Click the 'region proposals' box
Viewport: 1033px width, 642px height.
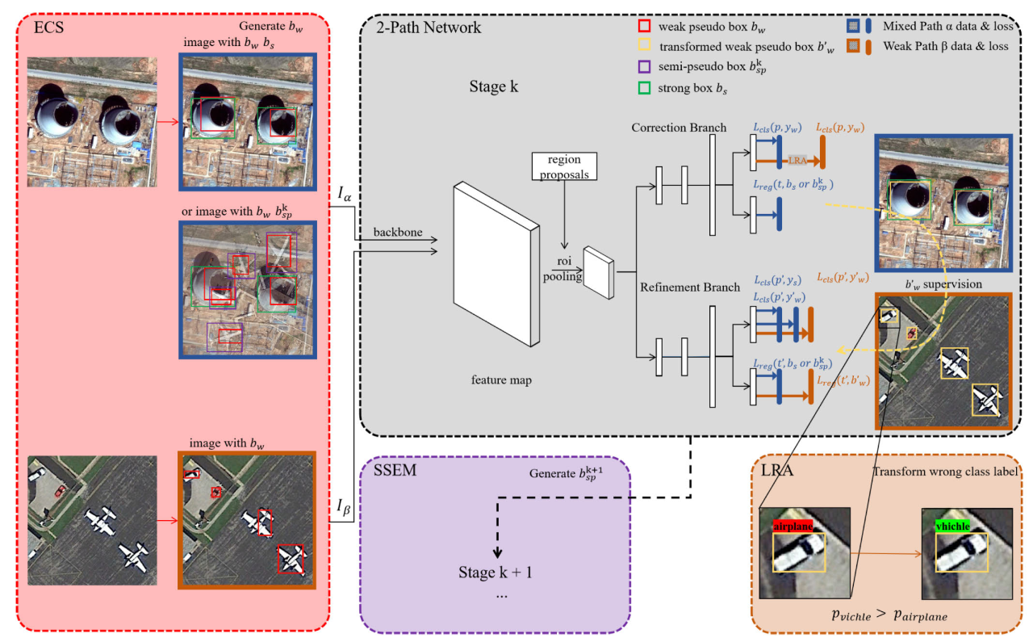(564, 166)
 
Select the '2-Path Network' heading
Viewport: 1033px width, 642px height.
(429, 27)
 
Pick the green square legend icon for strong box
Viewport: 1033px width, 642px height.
(644, 88)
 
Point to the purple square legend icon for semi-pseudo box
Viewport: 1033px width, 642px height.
(644, 69)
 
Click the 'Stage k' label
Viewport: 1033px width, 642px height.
(493, 86)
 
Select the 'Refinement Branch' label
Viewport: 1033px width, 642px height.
(679, 287)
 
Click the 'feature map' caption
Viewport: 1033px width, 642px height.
(501, 380)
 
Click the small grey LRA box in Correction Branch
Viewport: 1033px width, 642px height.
(798, 160)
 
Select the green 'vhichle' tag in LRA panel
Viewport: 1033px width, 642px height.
(954, 526)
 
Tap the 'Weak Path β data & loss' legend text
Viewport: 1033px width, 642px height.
(946, 46)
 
